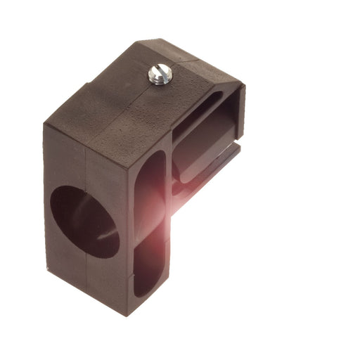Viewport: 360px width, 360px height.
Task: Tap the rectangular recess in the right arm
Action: pyautogui.click(x=207, y=134)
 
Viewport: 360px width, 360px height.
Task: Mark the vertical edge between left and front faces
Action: pyautogui.click(x=125, y=232)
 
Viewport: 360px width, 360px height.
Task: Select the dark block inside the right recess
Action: pyautogui.click(x=200, y=151)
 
